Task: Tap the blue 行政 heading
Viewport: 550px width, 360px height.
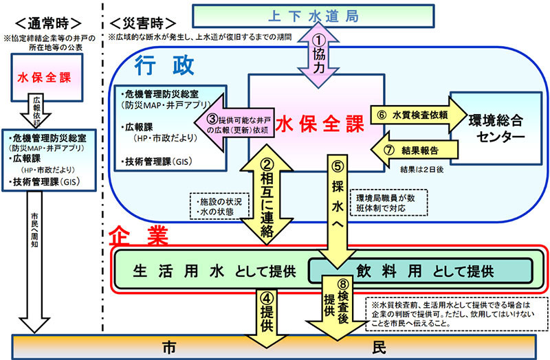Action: pos(157,67)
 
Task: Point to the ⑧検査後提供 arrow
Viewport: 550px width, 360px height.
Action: pos(337,309)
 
